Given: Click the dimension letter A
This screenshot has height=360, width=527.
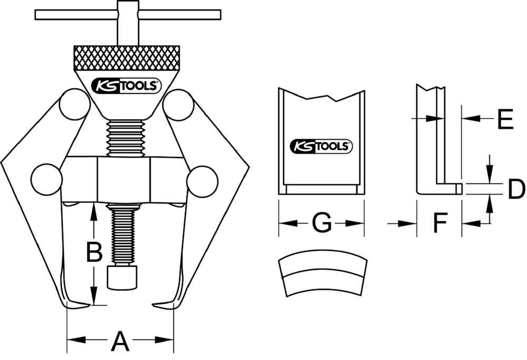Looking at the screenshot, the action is click(120, 341).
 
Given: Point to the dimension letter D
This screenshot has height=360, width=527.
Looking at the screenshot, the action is click(516, 189).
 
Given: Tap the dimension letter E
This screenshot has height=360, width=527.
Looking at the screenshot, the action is click(505, 119).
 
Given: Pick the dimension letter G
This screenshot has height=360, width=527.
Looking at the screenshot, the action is click(321, 222).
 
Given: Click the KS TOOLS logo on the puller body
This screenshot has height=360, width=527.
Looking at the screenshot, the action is click(126, 85).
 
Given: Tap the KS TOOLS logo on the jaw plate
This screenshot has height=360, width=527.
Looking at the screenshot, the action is click(321, 146).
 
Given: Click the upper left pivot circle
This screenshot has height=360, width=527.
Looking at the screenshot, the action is click(75, 105).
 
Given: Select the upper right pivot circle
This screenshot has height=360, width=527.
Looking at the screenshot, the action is click(178, 105).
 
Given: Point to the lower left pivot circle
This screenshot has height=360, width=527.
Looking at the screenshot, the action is click(46, 179).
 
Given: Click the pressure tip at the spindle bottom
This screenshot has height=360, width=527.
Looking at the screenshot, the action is click(122, 278).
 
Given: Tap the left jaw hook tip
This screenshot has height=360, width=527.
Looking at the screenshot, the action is click(90, 305).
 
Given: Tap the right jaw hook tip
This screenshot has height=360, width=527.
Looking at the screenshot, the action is click(153, 305).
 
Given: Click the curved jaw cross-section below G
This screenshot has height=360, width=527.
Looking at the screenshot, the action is click(323, 273).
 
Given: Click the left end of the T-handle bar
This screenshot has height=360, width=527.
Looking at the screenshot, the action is click(36, 15).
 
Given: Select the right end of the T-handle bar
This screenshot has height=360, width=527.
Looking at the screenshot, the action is click(220, 15).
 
